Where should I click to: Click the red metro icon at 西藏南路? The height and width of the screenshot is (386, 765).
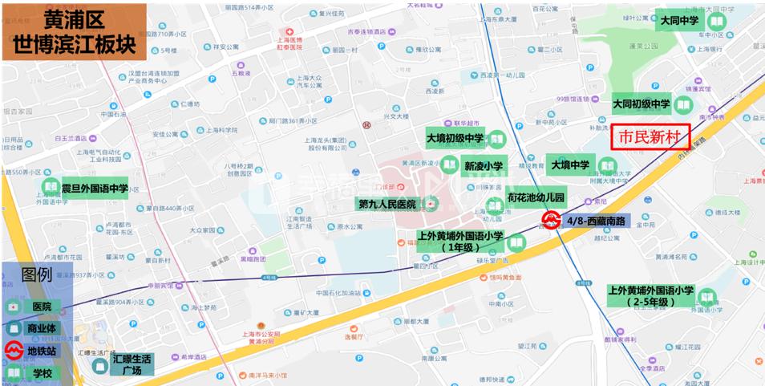[x=552, y=219]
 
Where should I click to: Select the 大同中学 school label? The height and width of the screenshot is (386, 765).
[x=679, y=20]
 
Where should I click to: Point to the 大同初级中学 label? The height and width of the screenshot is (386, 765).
[x=641, y=104]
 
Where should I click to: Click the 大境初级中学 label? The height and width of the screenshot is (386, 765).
[x=455, y=139]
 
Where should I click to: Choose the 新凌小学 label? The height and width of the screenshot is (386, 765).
[x=484, y=166]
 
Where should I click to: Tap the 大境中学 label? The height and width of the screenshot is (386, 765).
[x=569, y=165]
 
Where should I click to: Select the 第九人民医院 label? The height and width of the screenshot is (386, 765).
[x=387, y=205]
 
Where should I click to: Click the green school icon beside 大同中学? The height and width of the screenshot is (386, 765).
[x=715, y=21]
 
